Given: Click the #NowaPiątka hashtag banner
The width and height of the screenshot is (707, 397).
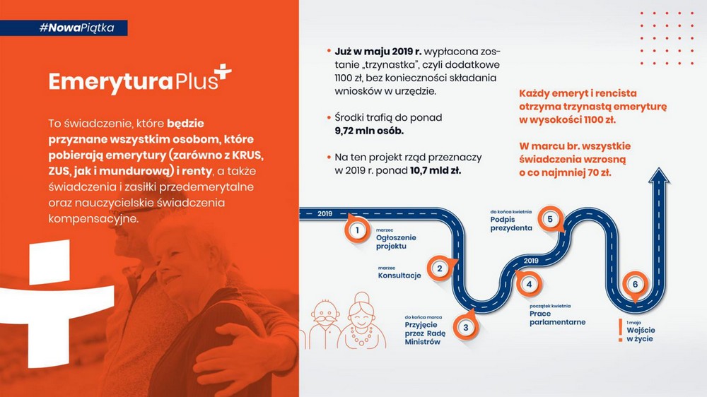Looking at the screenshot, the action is pos(64,28).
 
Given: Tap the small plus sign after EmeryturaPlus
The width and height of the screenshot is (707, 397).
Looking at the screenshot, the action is pos(223,73).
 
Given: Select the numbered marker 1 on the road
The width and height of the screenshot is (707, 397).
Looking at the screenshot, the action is pos(357,230).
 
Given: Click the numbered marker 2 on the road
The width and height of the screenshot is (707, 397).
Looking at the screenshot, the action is pos(440,268).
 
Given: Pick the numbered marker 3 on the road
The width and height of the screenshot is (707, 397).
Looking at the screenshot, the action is pos(466,326).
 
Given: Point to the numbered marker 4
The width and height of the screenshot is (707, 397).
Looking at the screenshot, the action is pos(528,284).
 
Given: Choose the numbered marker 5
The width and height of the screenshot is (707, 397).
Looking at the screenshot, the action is pos(550,220).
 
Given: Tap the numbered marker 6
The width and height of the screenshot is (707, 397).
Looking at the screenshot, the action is pos(636,285).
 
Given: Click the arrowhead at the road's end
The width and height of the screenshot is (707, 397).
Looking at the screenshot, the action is pos(659,176).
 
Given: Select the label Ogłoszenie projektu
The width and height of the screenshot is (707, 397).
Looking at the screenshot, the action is pos(396,242).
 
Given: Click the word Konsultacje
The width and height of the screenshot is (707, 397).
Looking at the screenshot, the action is pos(399,275).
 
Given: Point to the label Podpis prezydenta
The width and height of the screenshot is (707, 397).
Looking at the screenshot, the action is pos(511,223).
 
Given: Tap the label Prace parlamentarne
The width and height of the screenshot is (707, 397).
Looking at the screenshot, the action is pos(557,318).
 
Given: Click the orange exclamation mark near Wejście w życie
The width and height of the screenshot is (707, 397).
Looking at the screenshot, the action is pos(621,331).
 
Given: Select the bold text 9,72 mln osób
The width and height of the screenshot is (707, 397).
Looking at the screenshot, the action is pos(369,131).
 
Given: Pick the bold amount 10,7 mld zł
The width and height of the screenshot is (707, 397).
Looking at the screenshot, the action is pos(435,171).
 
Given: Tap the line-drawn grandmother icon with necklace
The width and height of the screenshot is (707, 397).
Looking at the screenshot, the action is pos(362,321).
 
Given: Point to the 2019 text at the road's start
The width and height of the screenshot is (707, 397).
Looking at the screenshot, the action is pos(325,213).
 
